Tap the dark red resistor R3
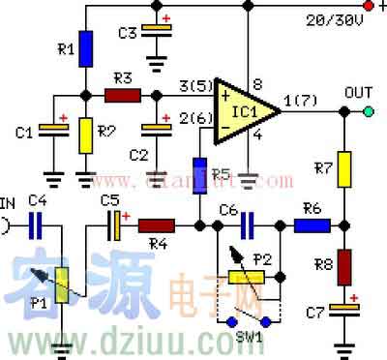pyautogui.click(x=122, y=95)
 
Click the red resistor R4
pyautogui.click(x=156, y=225)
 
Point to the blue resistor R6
pyautogui.click(x=312, y=225)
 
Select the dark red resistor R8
pyautogui.click(x=344, y=264)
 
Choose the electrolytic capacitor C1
pyautogui.click(x=51, y=131)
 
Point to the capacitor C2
pyautogui.click(x=153, y=131)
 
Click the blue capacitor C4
pyautogui.click(x=37, y=225)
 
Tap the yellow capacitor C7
pyautogui.click(x=344, y=310)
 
